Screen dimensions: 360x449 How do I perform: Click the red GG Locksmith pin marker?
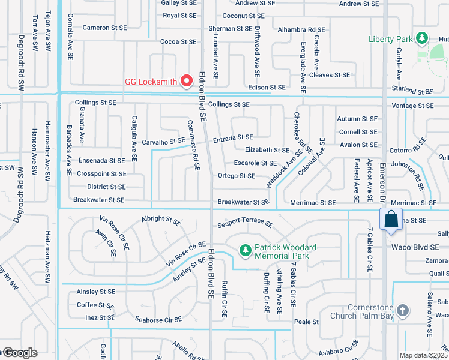(187, 79)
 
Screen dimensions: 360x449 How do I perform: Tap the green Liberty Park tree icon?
(422, 39)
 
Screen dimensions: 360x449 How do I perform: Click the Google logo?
(19, 352)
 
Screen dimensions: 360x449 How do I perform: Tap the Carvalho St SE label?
(163, 142)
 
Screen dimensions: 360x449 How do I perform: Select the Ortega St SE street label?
(236, 176)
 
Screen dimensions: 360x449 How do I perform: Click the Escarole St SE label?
(255, 163)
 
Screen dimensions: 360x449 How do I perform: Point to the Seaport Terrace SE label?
(245, 221)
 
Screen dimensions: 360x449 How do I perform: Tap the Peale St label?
(306, 322)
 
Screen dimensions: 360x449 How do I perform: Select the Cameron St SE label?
(104, 28)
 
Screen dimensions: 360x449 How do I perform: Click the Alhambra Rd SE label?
(300, 29)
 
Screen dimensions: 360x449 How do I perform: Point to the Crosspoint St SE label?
(101, 173)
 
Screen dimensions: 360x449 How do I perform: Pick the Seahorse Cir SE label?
(158, 320)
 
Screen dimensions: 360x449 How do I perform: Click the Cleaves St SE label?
(330, 75)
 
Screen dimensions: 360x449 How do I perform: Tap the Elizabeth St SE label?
(267, 150)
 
